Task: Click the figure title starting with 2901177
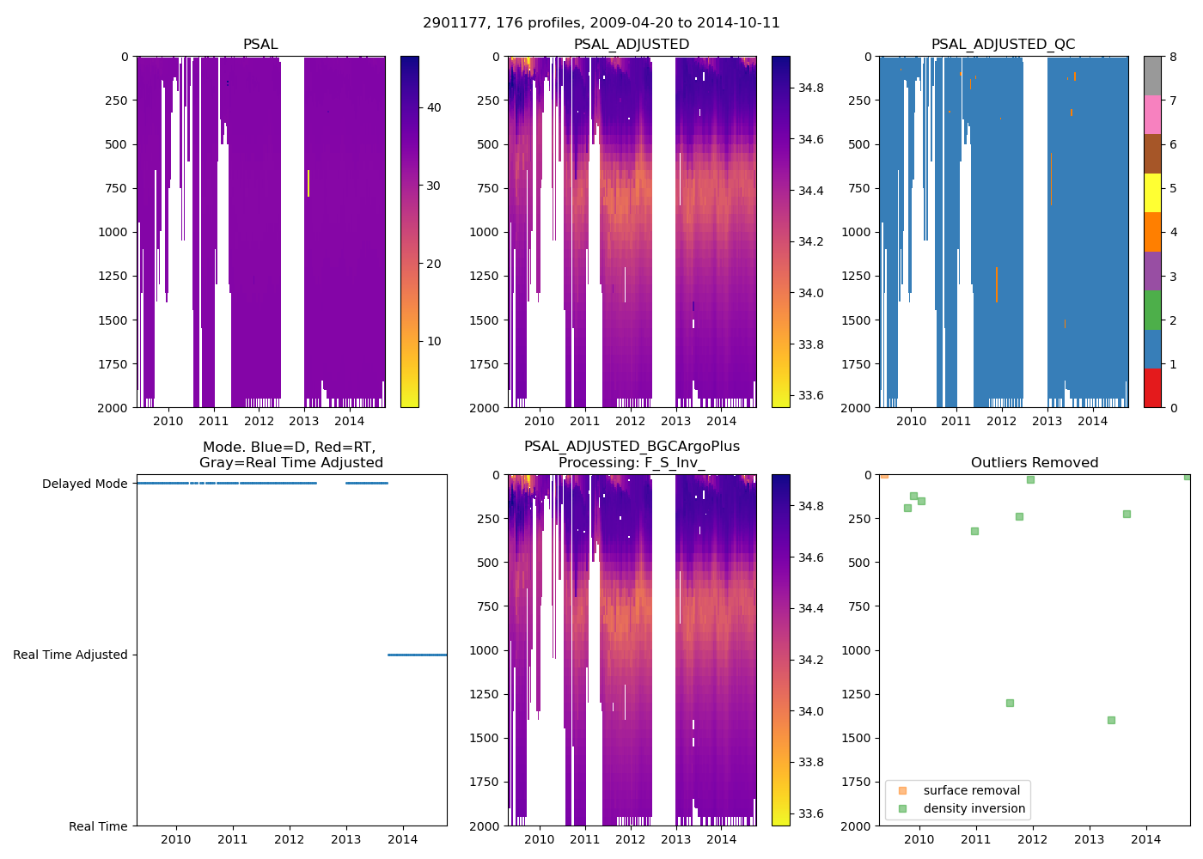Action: click(601, 23)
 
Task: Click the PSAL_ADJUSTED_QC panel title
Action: click(1003, 45)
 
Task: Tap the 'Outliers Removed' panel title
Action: click(1034, 463)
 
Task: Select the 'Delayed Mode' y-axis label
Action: click(84, 484)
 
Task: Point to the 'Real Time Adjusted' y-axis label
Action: click(70, 655)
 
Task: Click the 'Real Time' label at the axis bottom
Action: click(98, 826)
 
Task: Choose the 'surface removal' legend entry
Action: click(971, 790)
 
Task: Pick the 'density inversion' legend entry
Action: click(974, 808)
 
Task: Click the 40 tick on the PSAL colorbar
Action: click(434, 107)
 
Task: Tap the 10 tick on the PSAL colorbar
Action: click(434, 341)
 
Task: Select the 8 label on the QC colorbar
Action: click(1173, 57)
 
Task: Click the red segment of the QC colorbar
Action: click(1152, 388)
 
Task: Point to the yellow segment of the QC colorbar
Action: click(1152, 192)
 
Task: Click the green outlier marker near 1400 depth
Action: click(1111, 720)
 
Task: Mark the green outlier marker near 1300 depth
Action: click(1010, 703)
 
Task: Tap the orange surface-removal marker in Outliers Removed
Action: click(884, 474)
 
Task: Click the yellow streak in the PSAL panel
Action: click(308, 183)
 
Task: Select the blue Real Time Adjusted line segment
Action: click(417, 655)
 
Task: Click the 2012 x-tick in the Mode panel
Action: click(289, 839)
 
